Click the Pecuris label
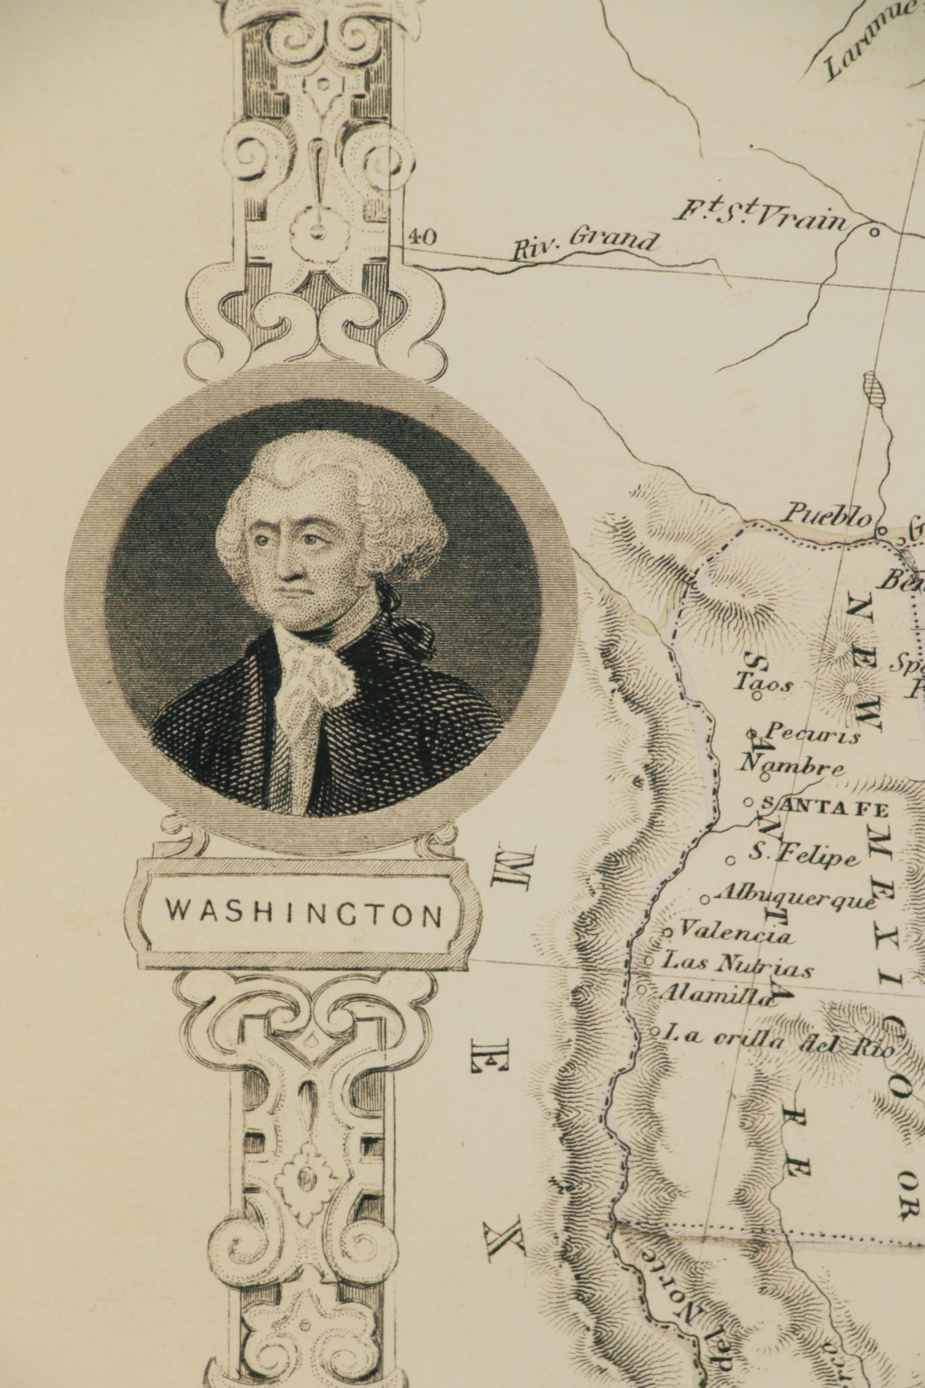pos(812,734)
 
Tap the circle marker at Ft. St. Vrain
pos(875,232)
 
